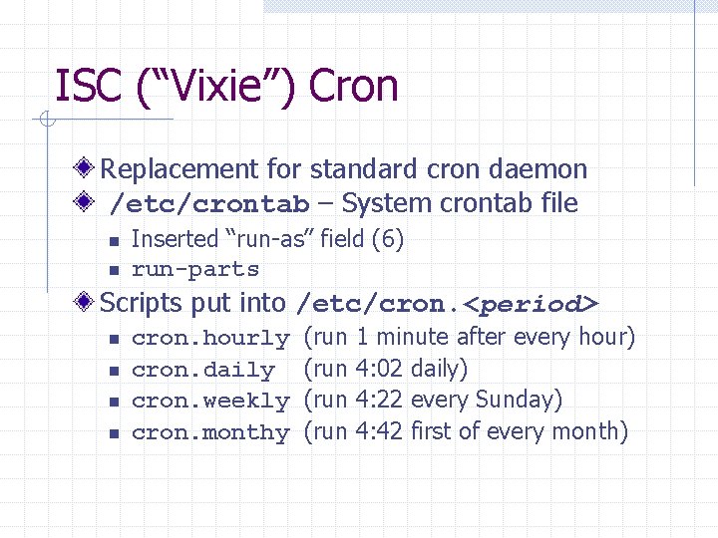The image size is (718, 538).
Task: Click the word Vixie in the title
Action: click(214, 87)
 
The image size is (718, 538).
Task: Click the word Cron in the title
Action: click(353, 87)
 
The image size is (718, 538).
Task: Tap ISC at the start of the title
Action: click(87, 87)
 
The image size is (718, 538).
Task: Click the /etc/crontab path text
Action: click(209, 205)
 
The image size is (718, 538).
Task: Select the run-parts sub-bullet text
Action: click(195, 270)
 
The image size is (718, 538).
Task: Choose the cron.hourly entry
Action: click(210, 339)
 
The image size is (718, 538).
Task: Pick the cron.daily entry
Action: click(202, 371)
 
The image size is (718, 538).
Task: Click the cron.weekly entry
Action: click(210, 402)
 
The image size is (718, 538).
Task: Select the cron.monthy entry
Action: click(210, 433)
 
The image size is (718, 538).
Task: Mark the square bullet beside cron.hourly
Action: click(115, 340)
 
